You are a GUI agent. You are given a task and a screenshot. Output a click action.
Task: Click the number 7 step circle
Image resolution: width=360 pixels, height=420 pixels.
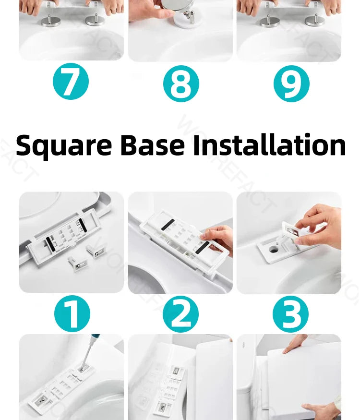(71, 83)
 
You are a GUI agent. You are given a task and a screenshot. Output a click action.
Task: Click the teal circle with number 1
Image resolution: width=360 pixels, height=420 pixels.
(72, 315)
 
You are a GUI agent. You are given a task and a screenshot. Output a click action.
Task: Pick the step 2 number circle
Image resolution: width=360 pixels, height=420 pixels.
(181, 315)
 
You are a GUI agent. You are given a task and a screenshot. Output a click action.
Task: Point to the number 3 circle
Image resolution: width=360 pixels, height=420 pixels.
(291, 315)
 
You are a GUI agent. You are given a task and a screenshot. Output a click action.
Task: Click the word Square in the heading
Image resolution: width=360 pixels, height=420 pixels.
(63, 145)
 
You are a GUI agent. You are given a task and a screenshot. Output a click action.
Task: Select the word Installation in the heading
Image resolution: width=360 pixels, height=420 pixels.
(269, 145)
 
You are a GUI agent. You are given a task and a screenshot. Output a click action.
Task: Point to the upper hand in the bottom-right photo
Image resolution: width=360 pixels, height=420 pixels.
(295, 343)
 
